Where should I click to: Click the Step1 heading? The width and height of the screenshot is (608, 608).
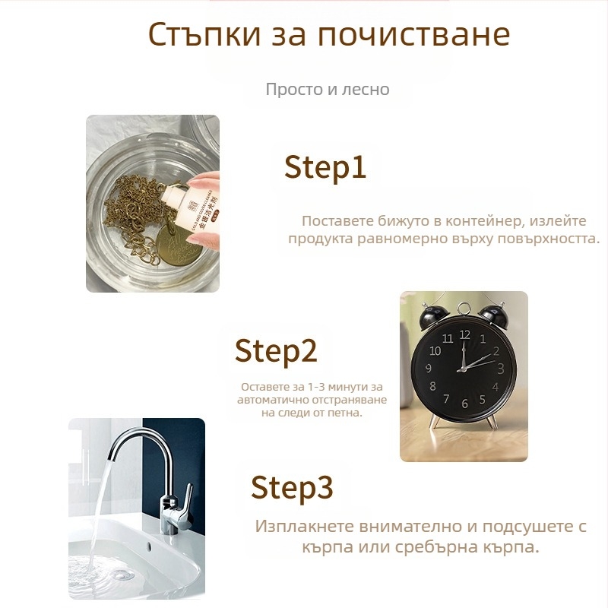tap(325, 167)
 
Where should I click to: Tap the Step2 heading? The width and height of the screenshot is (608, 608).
tap(276, 351)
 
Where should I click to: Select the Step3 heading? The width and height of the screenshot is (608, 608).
tap(292, 487)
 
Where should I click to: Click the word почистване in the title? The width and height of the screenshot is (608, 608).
tap(413, 35)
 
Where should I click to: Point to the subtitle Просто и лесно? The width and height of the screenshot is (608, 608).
tap(328, 89)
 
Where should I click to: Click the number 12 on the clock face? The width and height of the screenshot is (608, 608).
tap(464, 334)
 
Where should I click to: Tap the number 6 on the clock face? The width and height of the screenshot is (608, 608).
tap(464, 404)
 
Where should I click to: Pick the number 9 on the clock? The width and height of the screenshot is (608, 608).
tap(429, 368)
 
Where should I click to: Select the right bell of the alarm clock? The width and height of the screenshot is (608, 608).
tap(492, 316)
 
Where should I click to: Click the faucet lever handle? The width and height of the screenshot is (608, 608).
tap(188, 499)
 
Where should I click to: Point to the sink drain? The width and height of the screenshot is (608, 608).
tap(122, 575)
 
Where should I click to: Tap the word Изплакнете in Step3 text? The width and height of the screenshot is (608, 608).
tap(305, 527)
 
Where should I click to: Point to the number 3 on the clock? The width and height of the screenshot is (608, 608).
tap(500, 369)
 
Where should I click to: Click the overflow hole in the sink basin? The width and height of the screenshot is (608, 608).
tap(149, 546)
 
